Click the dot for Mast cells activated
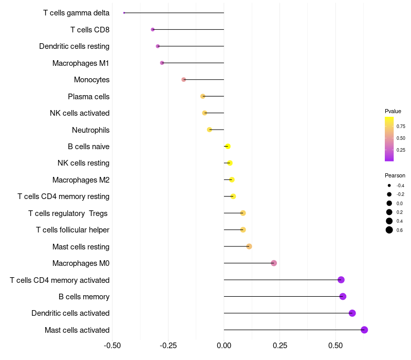(364, 330)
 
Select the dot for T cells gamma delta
(124, 13)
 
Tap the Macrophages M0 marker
(274, 263)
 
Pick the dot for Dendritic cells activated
(352, 313)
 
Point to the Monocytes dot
(183, 80)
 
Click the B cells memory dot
(343, 296)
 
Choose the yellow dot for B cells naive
(228, 147)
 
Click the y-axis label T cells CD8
(90, 30)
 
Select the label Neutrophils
(90, 130)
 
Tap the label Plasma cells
(88, 97)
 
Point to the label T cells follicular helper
(72, 230)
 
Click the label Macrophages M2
(81, 180)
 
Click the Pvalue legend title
(393, 111)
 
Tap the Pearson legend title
(395, 175)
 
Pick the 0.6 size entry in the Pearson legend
(389, 230)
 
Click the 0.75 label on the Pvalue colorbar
(401, 126)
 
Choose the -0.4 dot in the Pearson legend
(389, 186)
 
